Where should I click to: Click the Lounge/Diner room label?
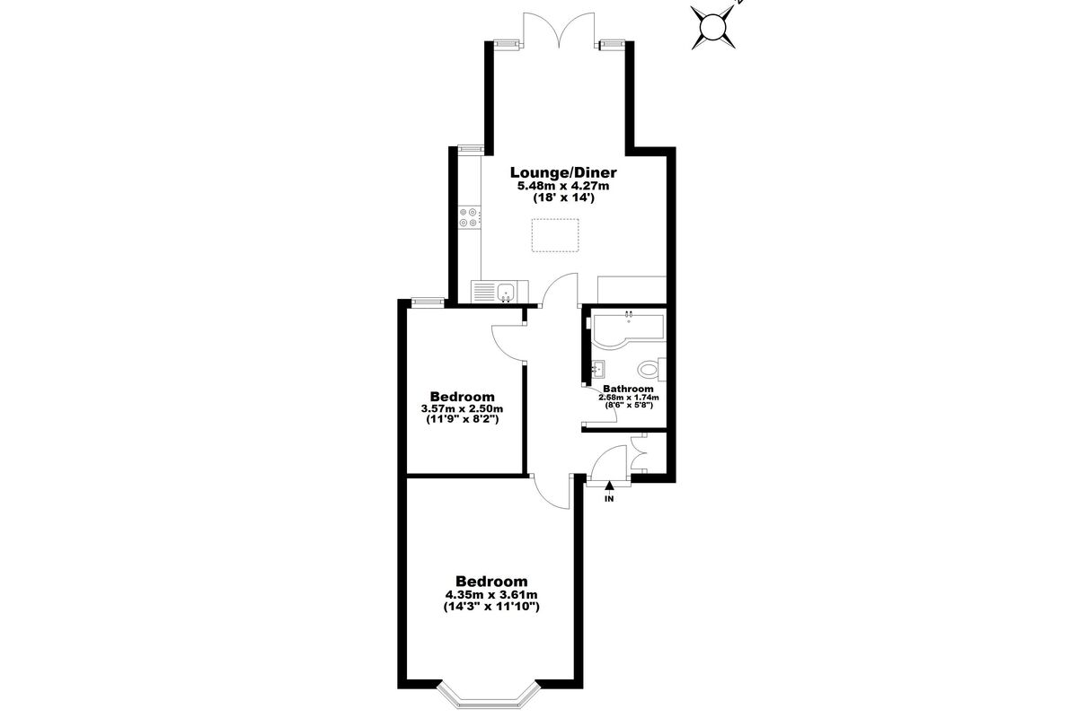point(563,172)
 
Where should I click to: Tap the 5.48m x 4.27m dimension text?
point(563,186)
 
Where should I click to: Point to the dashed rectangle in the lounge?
point(555,235)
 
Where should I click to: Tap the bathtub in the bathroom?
point(628,331)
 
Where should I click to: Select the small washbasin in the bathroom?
point(598,369)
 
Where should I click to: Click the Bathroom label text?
point(628,389)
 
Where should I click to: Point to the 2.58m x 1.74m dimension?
point(629,398)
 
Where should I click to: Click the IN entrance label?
point(609,499)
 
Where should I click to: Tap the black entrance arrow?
point(609,487)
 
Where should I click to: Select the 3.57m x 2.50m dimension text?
point(462,408)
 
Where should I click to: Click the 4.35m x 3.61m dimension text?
point(491,595)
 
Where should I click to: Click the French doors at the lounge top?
point(559,31)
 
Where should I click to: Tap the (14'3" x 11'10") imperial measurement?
point(491,607)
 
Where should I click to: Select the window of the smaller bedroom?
point(428,302)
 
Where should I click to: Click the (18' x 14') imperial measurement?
point(563,197)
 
